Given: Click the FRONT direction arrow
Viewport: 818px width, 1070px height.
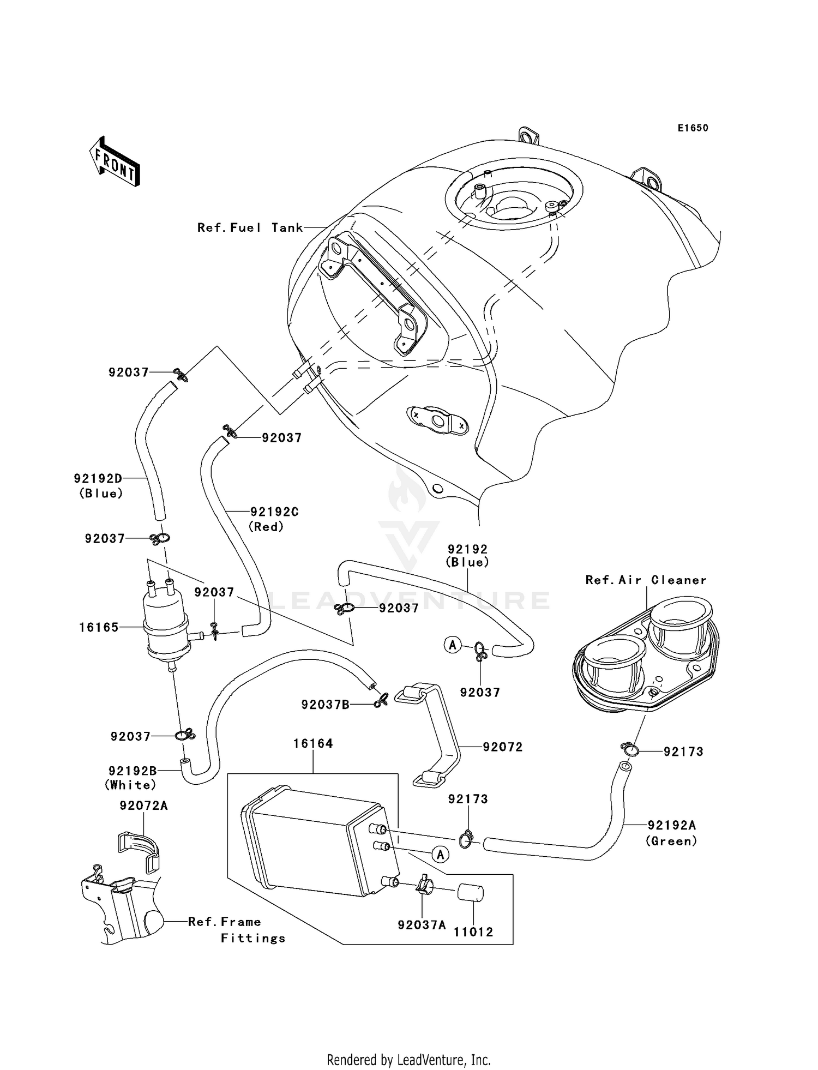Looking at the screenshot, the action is [115, 162].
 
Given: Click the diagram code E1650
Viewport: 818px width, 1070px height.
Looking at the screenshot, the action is [693, 128].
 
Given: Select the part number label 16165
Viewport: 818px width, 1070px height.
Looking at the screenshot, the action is [99, 628].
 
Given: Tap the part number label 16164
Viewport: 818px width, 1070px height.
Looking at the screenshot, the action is [313, 744].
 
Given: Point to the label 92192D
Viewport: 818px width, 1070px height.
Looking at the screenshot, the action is [98, 479].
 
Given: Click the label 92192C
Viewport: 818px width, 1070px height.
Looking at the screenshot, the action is [275, 512].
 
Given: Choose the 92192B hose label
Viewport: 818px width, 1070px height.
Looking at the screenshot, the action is [133, 771].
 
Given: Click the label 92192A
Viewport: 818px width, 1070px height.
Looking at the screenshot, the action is [672, 826].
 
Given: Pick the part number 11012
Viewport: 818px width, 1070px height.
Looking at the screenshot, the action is [473, 932].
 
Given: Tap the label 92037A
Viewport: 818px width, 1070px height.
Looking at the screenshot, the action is [422, 925].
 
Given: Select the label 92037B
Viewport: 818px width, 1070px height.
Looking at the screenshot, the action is [326, 705].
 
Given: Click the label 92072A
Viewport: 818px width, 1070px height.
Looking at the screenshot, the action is [144, 805].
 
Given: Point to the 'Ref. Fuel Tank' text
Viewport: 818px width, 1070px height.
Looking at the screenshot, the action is [250, 228].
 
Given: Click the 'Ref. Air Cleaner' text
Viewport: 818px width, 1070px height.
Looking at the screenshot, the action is [646, 580].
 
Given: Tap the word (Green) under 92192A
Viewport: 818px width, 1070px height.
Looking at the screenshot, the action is [672, 841].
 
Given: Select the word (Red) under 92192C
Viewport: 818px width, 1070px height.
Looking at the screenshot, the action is [266, 527].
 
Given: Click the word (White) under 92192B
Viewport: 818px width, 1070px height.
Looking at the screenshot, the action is [131, 785].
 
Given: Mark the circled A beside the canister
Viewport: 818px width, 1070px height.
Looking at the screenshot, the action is [441, 855].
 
